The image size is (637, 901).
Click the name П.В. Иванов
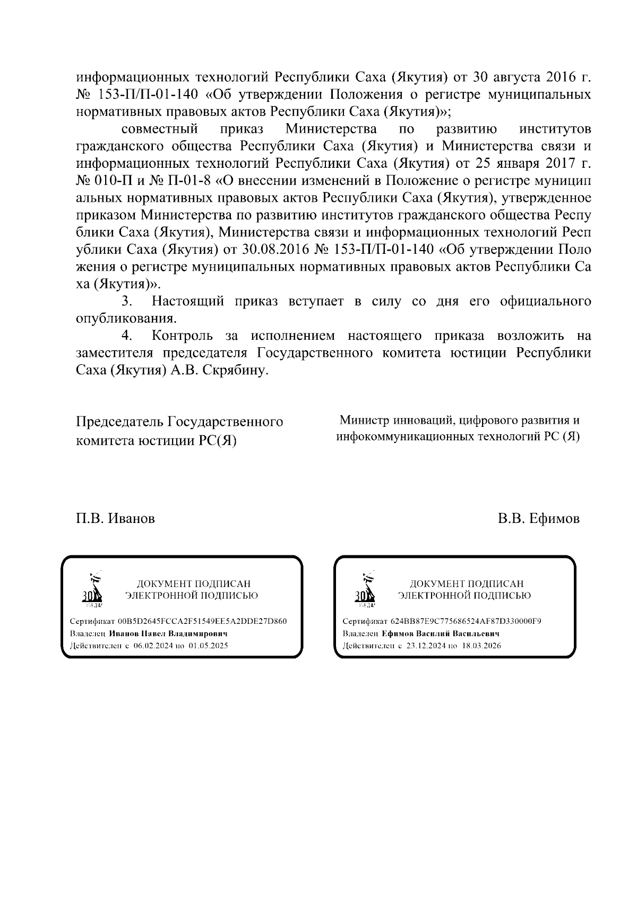click(x=115, y=519)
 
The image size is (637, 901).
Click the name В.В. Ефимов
click(x=538, y=519)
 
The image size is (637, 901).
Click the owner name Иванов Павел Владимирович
click(x=168, y=634)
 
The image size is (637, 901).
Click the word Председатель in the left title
click(x=120, y=422)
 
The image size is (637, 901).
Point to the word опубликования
click(x=126, y=319)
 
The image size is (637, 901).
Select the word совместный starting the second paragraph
click(x=160, y=129)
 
